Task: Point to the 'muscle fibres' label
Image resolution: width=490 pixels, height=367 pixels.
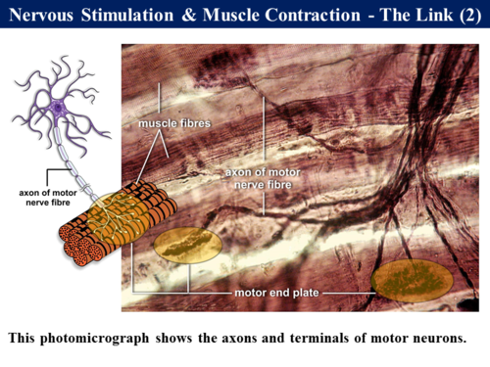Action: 174,124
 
